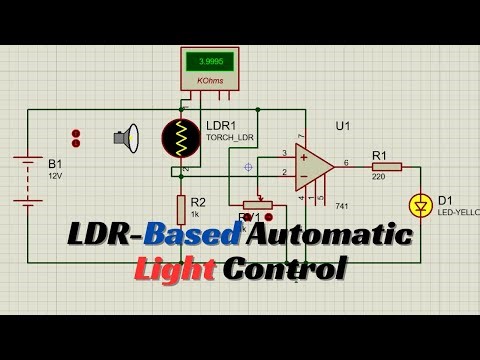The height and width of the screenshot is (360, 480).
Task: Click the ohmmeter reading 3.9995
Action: click(x=210, y=61)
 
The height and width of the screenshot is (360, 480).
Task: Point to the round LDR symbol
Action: click(x=181, y=140)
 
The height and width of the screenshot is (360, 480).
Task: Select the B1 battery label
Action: click(x=55, y=162)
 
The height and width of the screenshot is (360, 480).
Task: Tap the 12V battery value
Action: click(x=55, y=175)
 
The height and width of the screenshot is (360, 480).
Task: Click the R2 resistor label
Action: click(x=198, y=202)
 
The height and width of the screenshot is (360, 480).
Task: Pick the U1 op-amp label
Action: click(x=343, y=125)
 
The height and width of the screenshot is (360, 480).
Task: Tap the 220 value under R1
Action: click(x=379, y=176)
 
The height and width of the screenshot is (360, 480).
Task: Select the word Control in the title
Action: click(x=285, y=269)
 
